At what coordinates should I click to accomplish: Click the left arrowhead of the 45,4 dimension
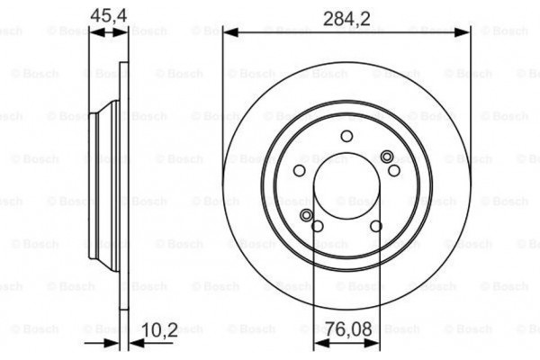click(x=93, y=32)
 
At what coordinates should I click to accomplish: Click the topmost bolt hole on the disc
click(x=346, y=136)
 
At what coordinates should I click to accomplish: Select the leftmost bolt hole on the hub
click(x=300, y=170)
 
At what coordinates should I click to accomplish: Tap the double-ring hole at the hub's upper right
click(x=388, y=157)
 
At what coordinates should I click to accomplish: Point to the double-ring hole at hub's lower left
click(x=307, y=215)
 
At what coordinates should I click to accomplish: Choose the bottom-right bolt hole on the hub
click(x=376, y=225)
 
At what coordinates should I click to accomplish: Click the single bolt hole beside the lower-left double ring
click(x=317, y=225)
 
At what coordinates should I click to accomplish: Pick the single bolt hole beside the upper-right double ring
click(x=393, y=169)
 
